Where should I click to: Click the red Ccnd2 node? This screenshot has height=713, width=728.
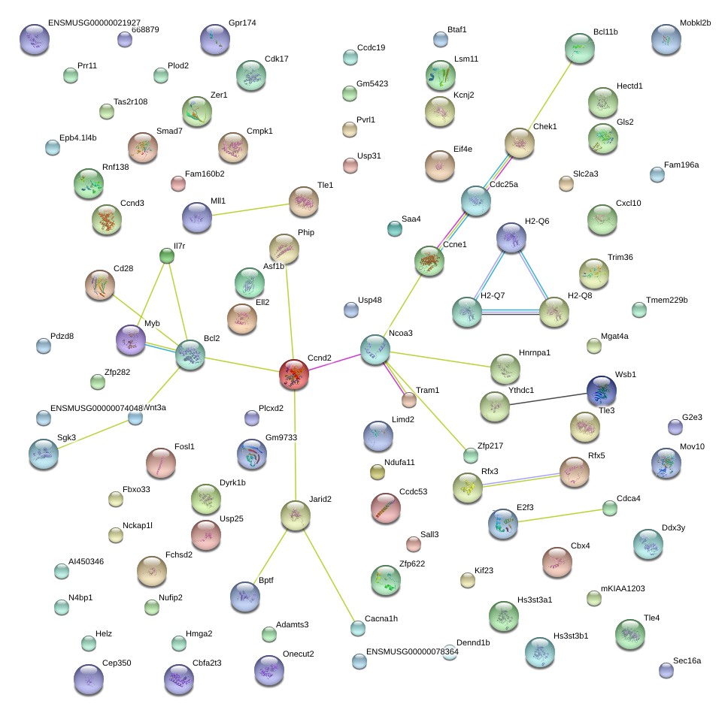tap(294, 373)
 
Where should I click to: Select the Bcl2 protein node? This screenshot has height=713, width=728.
tap(190, 354)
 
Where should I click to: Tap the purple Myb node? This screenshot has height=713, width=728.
tap(131, 340)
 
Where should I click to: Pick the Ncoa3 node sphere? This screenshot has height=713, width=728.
tap(375, 349)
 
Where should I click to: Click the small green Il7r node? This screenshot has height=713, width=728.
tap(167, 257)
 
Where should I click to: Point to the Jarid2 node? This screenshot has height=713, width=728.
tap(295, 514)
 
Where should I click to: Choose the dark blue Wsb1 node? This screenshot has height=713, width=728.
tap(601, 390)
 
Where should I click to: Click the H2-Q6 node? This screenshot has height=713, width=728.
tap(511, 237)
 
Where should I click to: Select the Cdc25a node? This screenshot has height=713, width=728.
tap(475, 200)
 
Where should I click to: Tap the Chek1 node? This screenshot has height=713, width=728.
tap(519, 143)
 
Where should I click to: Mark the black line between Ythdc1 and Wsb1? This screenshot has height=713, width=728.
tap(548, 398)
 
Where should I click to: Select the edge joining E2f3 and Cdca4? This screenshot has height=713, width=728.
tap(557, 516)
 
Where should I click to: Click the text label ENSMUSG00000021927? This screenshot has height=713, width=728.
tap(94, 23)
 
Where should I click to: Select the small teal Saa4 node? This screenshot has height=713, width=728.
tap(395, 228)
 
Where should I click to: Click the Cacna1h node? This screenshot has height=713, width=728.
tap(358, 628)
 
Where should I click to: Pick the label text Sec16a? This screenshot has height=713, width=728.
tap(687, 661)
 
